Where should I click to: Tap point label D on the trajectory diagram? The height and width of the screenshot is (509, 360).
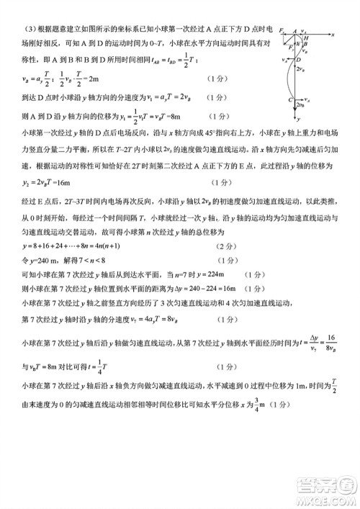point(306,71)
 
